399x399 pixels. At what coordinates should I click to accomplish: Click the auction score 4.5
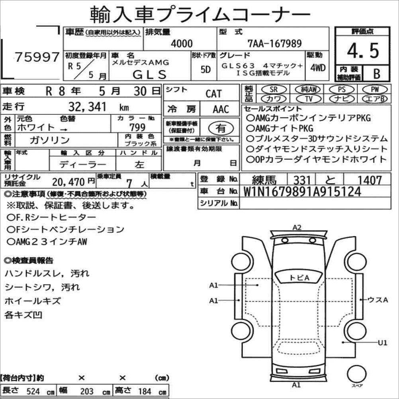coord(363,51)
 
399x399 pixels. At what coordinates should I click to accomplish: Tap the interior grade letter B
coord(377,74)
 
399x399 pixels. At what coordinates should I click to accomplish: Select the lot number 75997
coord(37,57)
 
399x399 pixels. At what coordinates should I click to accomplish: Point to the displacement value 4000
coord(182,43)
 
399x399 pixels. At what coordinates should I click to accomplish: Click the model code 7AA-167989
coord(275,43)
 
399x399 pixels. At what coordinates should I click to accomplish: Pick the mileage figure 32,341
coord(87,107)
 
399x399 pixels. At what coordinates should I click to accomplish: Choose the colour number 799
coord(137,127)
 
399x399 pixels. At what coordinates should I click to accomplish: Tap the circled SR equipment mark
coord(274,89)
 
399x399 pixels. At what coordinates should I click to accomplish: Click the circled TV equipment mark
coord(309,98)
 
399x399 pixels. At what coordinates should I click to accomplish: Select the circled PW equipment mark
coord(375,89)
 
